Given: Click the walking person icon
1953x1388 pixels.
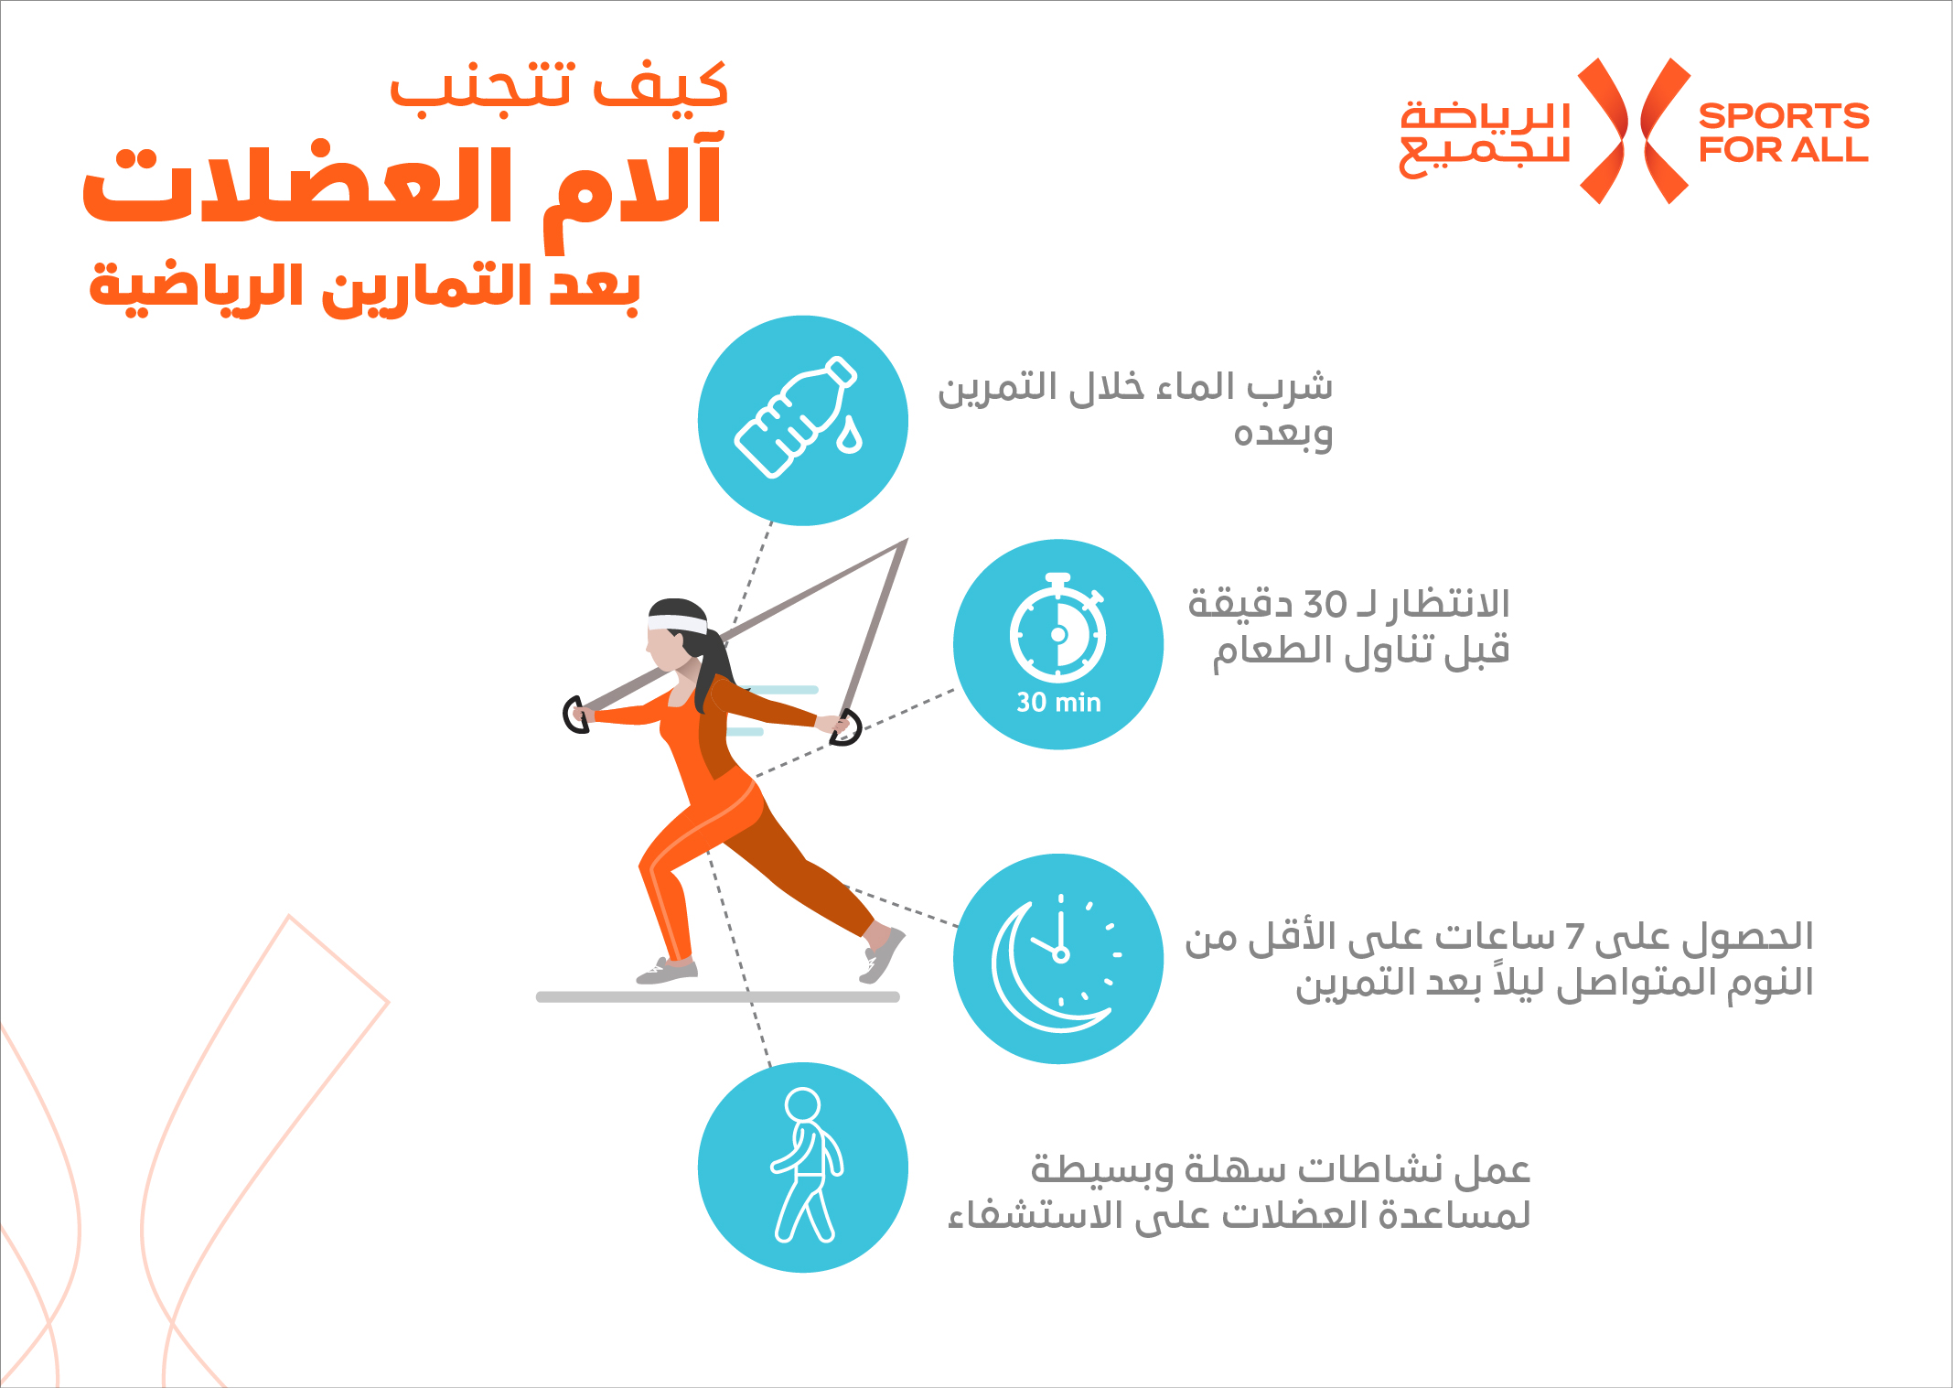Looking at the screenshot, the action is click(806, 1165).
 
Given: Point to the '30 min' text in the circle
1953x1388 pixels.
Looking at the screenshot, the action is click(1058, 703).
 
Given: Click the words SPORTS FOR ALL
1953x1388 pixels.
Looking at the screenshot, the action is click(1783, 133).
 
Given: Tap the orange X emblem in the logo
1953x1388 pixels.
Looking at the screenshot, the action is click(1635, 131).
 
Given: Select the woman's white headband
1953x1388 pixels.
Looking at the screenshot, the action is click(677, 624).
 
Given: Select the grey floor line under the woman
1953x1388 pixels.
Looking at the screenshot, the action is click(718, 996).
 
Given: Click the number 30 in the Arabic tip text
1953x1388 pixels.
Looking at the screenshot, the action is click(1325, 605).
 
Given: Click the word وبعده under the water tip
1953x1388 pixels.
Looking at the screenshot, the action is click(1282, 433).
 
